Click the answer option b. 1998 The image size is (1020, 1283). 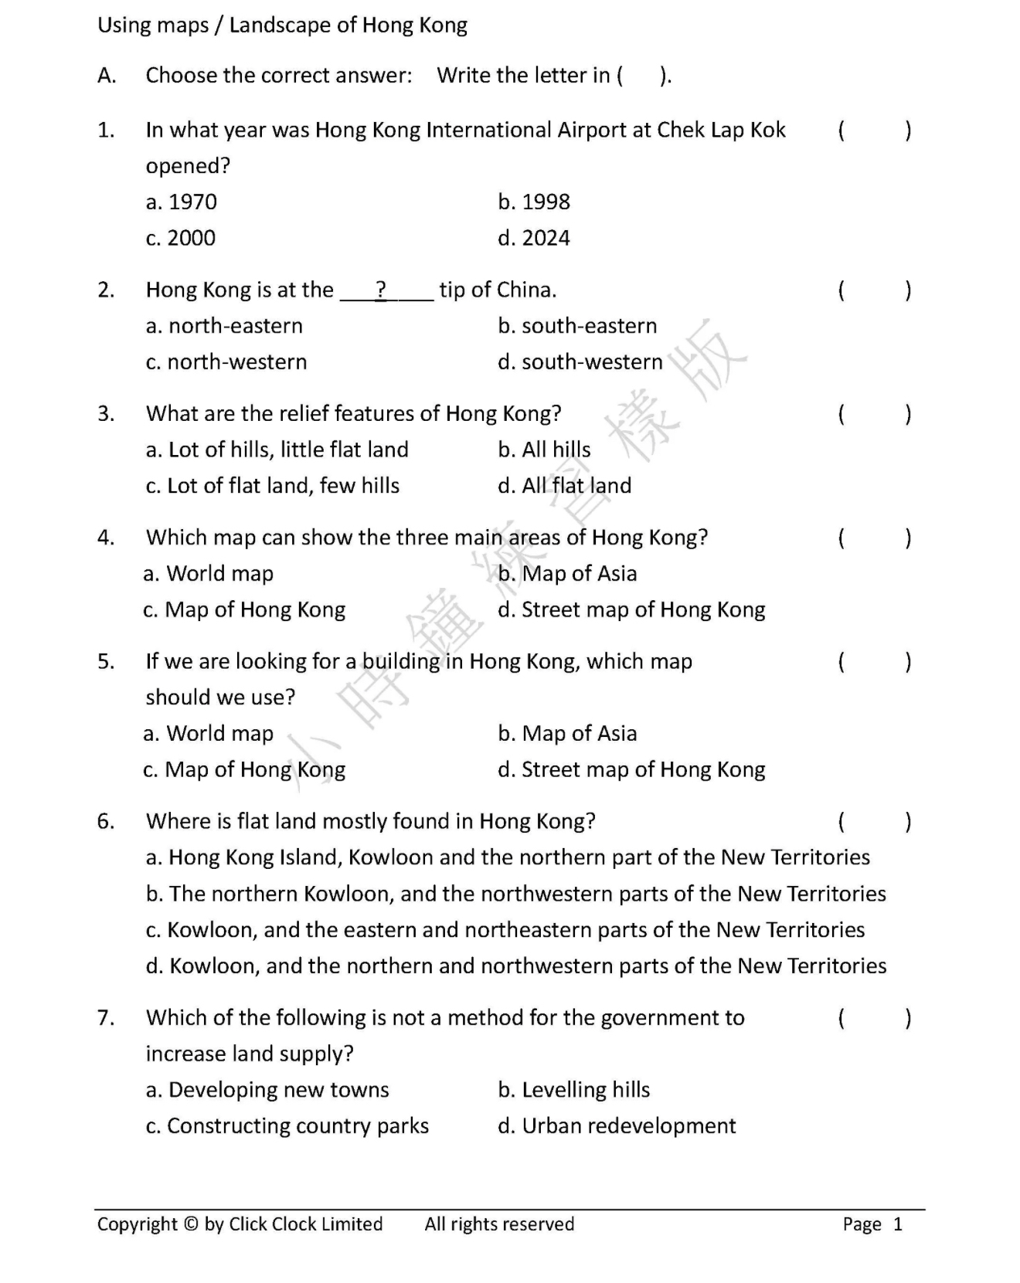534,202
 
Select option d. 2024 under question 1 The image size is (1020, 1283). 534,238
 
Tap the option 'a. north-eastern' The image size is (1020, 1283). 224,326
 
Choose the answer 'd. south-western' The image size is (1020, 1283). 580,361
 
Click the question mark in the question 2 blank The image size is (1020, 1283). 380,290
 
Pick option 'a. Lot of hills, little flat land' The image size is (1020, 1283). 277,450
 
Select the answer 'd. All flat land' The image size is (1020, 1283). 565,486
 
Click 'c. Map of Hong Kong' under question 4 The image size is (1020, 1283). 244,610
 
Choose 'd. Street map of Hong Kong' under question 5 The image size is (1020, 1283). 631,769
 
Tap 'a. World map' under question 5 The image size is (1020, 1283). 209,733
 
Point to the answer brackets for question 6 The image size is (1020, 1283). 875,821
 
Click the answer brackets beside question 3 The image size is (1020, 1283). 875,414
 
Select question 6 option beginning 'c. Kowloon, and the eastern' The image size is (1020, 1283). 505,930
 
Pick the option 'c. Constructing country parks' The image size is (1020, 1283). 287,1126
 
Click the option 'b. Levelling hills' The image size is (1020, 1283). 574,1090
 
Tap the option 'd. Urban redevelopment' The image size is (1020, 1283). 617,1126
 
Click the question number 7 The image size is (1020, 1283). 106,1018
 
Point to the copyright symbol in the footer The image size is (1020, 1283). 191,1224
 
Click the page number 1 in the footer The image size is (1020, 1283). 898,1224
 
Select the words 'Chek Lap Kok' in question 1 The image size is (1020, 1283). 721,130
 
